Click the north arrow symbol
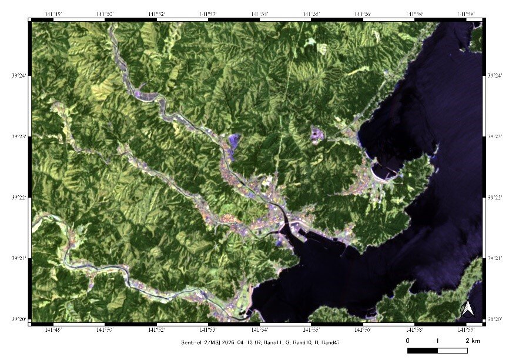[x=468, y=308]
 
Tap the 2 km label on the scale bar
[x=471, y=341]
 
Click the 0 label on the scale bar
[x=407, y=341]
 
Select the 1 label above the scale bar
[x=437, y=341]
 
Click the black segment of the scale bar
[x=422, y=351]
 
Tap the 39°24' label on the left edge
[x=18, y=75]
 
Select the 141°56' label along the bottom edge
[x=363, y=329]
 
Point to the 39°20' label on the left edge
[x=18, y=319]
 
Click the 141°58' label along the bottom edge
[x=415, y=329]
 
